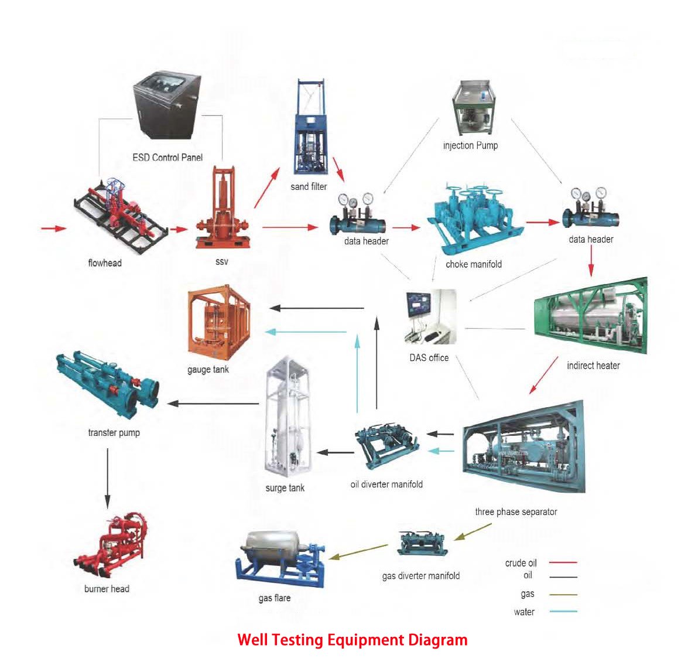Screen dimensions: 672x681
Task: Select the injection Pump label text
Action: coord(470,145)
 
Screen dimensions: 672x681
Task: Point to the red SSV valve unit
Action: coord(223,211)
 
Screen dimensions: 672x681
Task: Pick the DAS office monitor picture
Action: coord(429,316)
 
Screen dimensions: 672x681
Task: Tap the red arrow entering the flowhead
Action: coord(53,228)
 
